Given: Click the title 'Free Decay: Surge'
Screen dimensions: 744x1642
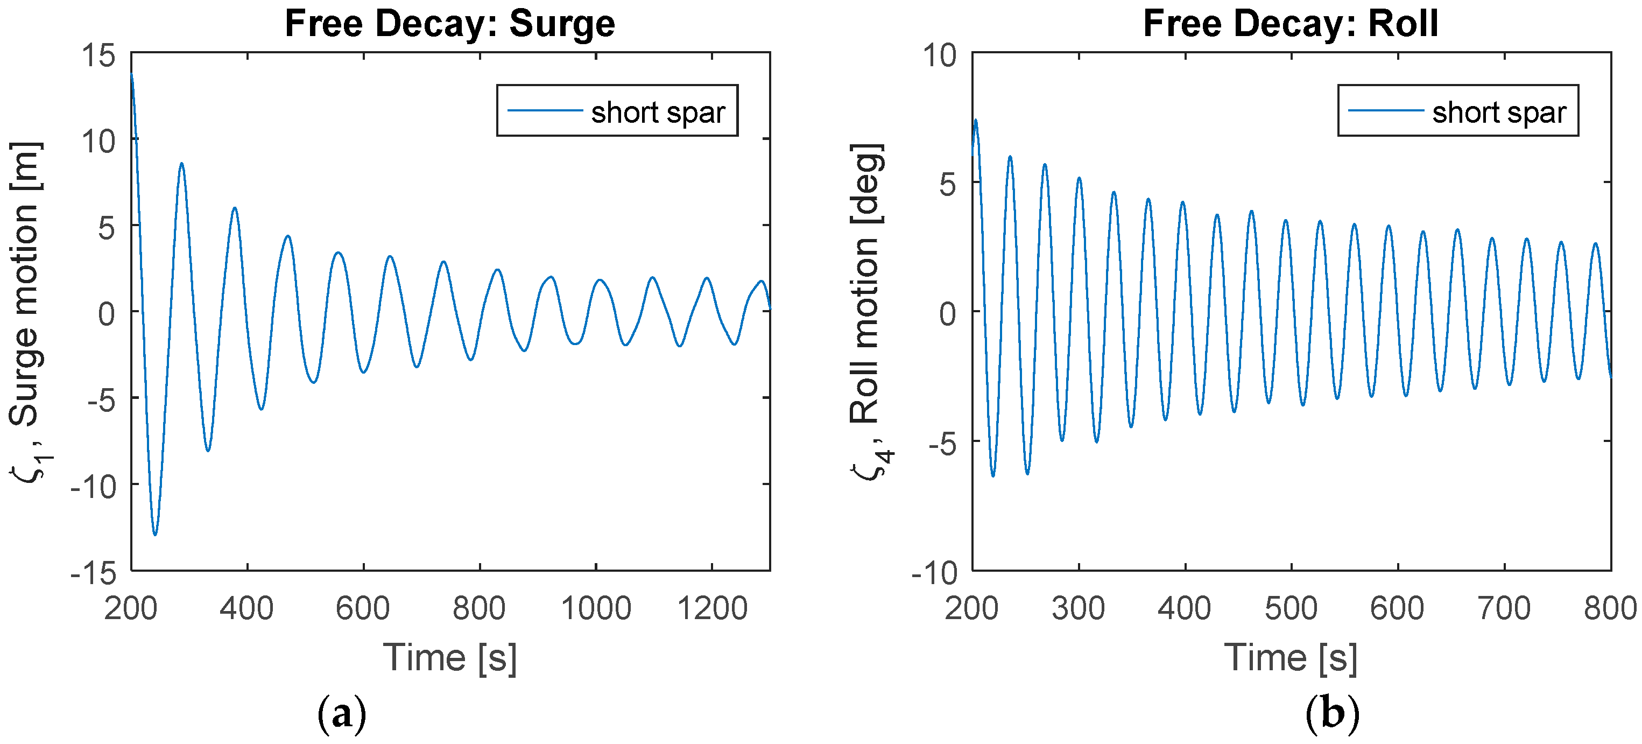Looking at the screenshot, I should click(450, 24).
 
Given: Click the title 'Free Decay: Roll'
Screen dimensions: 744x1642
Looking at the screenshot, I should click(1290, 24).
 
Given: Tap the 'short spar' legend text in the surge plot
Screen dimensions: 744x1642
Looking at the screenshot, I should click(658, 113).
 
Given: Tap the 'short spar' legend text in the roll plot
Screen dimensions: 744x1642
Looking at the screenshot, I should click(1499, 113).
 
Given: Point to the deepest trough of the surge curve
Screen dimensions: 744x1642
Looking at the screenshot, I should click(155, 534).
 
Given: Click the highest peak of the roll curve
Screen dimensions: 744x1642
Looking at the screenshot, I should click(975, 121).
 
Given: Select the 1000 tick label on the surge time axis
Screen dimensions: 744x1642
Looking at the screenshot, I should click(595, 608).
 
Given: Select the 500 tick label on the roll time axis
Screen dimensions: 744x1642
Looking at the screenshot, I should click(1291, 608).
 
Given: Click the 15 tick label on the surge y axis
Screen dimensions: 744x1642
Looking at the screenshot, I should click(99, 56).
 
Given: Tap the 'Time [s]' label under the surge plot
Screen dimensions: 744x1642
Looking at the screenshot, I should click(450, 658).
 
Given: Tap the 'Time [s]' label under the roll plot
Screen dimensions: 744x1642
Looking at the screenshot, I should click(1291, 658).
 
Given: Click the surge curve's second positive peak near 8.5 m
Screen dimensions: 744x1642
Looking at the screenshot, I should click(182, 164).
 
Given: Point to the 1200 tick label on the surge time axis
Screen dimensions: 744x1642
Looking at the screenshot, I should click(712, 608).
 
